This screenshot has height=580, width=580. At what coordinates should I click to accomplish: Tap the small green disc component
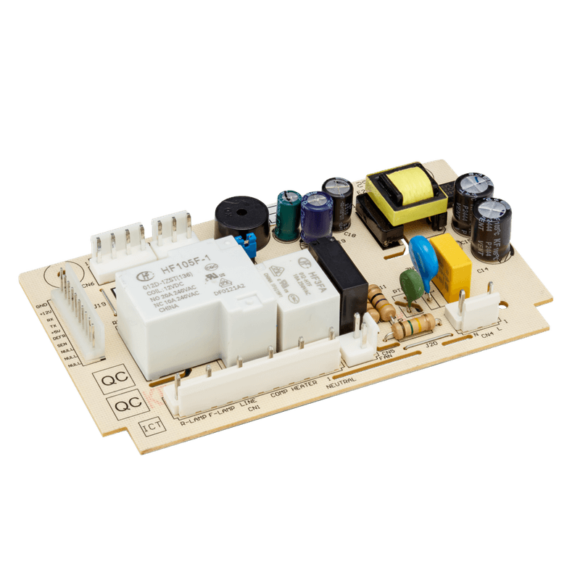point(411,286)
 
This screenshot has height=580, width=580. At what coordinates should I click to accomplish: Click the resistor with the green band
point(414,327)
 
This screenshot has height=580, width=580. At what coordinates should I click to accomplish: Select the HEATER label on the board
point(303,391)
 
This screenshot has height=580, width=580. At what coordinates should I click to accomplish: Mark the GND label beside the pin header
point(41,307)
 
